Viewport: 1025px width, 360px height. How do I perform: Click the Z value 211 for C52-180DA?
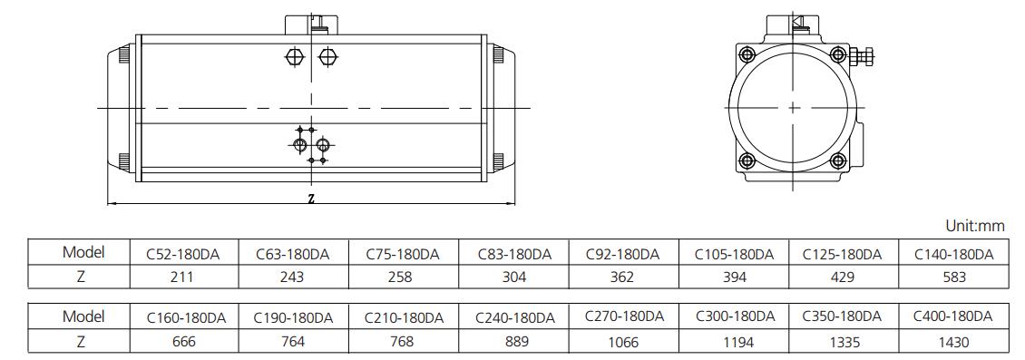(x=181, y=277)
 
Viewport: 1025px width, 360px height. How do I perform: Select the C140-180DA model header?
(x=953, y=254)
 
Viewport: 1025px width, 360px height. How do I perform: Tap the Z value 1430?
(x=953, y=342)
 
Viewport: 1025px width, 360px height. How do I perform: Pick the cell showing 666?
(x=183, y=341)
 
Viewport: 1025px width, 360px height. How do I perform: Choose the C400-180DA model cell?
(x=953, y=316)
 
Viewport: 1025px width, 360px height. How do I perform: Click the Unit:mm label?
(x=975, y=226)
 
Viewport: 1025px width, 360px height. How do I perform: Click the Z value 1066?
(x=624, y=341)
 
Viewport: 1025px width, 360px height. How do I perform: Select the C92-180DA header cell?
(x=622, y=254)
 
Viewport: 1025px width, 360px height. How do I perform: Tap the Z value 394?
(x=735, y=277)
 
